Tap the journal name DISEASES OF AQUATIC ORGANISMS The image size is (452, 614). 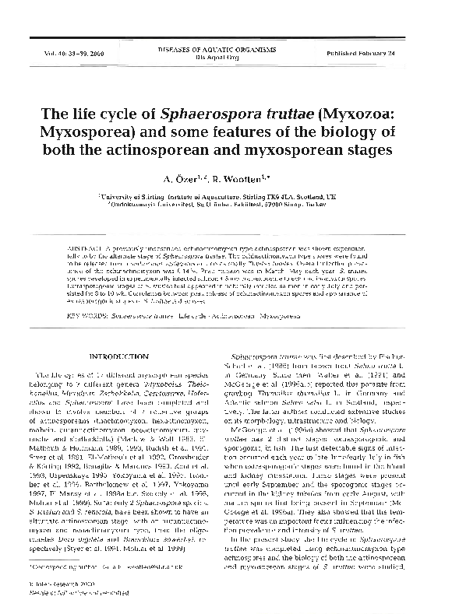(x=226, y=49)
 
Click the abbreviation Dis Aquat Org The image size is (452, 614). (x=226, y=58)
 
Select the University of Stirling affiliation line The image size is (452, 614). (x=226, y=199)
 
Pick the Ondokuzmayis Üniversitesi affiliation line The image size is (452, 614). (x=226, y=209)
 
